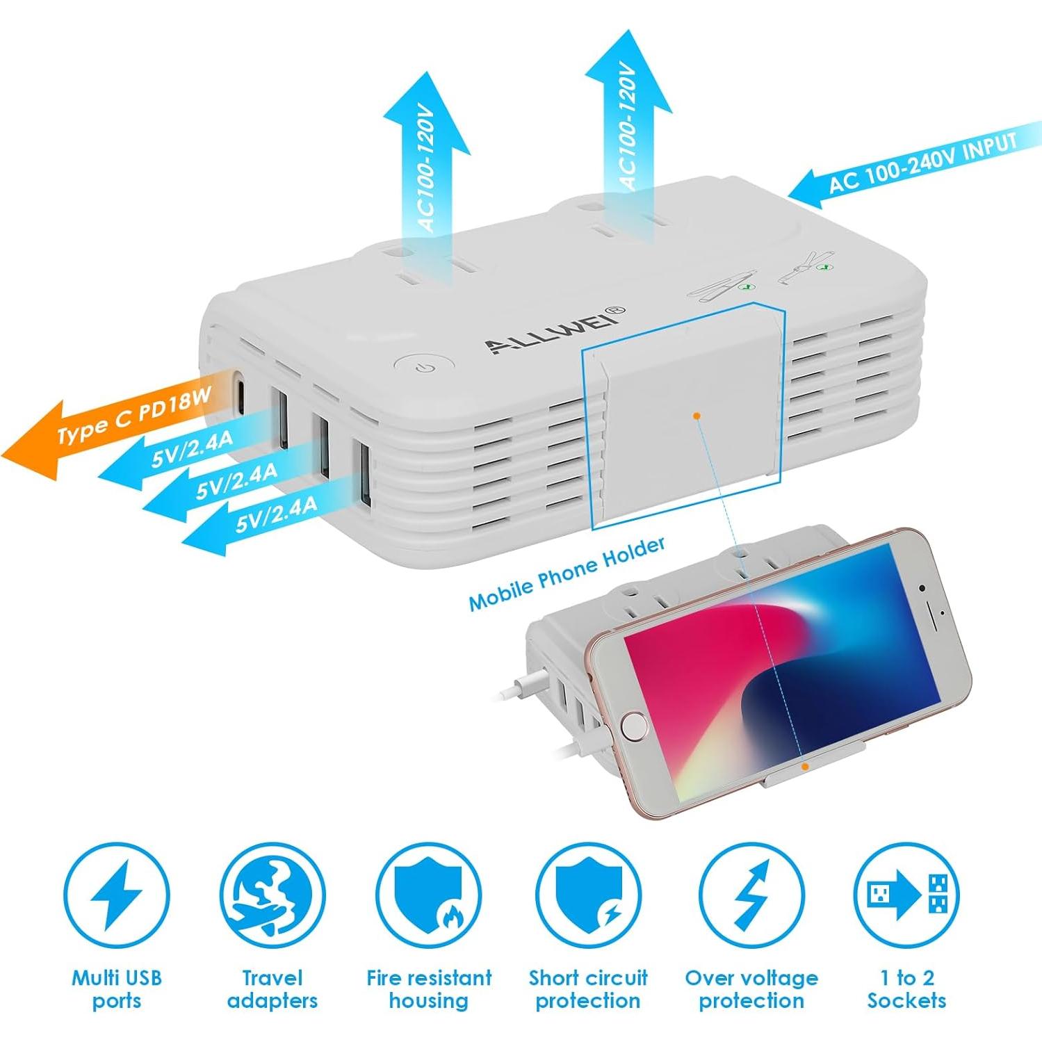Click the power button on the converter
pyautogui.click(x=425, y=365)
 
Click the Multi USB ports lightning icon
pyautogui.click(x=116, y=894)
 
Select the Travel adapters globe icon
pyautogui.click(x=272, y=894)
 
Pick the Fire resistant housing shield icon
pyautogui.click(x=428, y=894)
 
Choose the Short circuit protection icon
pyautogui.click(x=588, y=894)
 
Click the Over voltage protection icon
pyautogui.click(x=751, y=894)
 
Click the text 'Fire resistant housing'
pyautogui.click(x=428, y=989)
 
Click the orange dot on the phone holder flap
pyautogui.click(x=697, y=416)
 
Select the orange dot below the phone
pyautogui.click(x=804, y=767)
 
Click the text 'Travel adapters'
pyautogui.click(x=272, y=989)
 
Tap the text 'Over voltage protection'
pyautogui.click(x=751, y=989)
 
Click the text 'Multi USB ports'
pyautogui.click(x=116, y=989)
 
